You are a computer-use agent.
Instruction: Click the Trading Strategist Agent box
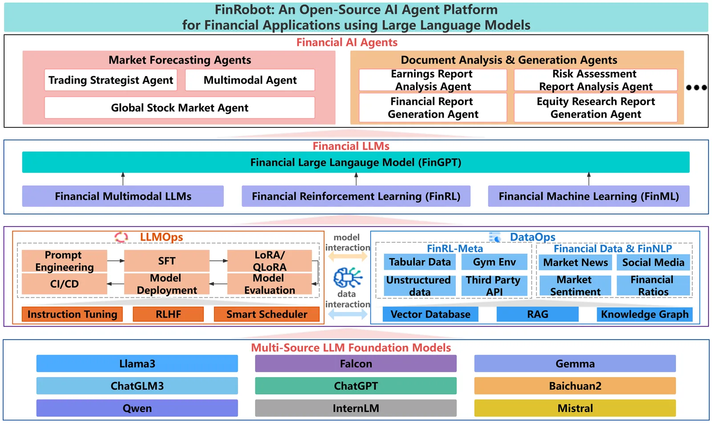111,80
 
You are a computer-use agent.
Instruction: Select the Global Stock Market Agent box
179,108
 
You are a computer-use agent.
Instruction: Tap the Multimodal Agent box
250,80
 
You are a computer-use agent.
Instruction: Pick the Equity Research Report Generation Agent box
595,108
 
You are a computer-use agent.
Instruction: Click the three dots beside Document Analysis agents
696,87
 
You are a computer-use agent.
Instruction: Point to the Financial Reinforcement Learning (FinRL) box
356,196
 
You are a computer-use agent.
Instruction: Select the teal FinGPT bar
356,162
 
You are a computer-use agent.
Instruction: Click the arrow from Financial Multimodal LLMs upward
123,179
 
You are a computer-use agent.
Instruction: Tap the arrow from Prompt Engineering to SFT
116,261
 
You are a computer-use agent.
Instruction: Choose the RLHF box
168,314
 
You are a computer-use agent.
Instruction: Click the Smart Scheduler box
267,314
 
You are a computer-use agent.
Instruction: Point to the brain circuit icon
348,277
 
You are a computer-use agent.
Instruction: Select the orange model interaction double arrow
348,256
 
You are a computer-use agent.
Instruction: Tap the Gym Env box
494,262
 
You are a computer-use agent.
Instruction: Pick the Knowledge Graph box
644,314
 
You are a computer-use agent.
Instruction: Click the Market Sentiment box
575,286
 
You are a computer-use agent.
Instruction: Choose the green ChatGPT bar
356,386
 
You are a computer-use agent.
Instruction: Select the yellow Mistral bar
575,408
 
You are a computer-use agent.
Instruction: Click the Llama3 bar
137,364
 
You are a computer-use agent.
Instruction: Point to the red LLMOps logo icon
121,237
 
